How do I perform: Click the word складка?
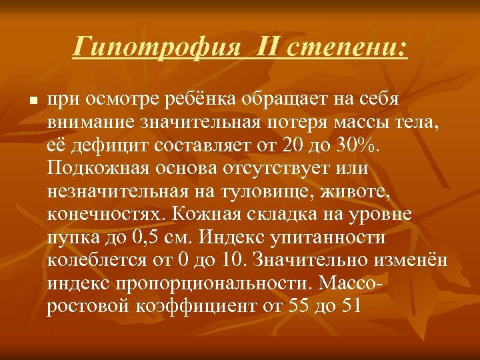tap(270, 215)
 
